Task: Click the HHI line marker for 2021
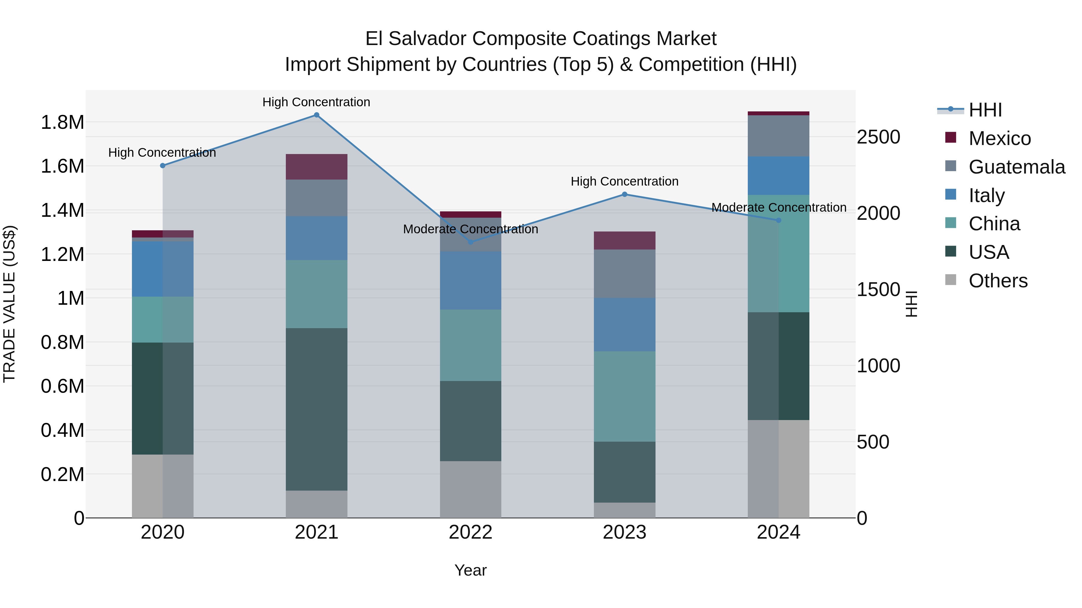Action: pyautogui.click(x=317, y=115)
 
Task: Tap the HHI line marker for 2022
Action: pyautogui.click(x=470, y=242)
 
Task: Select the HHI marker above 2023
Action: pyautogui.click(x=625, y=194)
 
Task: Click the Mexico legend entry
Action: pyautogui.click(x=1000, y=138)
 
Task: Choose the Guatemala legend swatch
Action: pyautogui.click(x=951, y=166)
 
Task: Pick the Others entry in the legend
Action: pyautogui.click(x=998, y=281)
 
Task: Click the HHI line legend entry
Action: pyautogui.click(x=985, y=110)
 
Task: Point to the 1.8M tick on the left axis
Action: pyautogui.click(x=62, y=123)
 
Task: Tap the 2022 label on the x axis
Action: pyautogui.click(x=470, y=532)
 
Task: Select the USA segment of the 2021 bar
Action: pyautogui.click(x=317, y=409)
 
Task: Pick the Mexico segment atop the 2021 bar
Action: pyautogui.click(x=317, y=167)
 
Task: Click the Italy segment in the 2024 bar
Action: pyautogui.click(x=778, y=175)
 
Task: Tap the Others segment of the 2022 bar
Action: pyautogui.click(x=470, y=489)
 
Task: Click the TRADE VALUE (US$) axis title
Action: pyautogui.click(x=9, y=304)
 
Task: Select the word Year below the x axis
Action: pyautogui.click(x=470, y=570)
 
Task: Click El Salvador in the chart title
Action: pyautogui.click(x=416, y=39)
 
